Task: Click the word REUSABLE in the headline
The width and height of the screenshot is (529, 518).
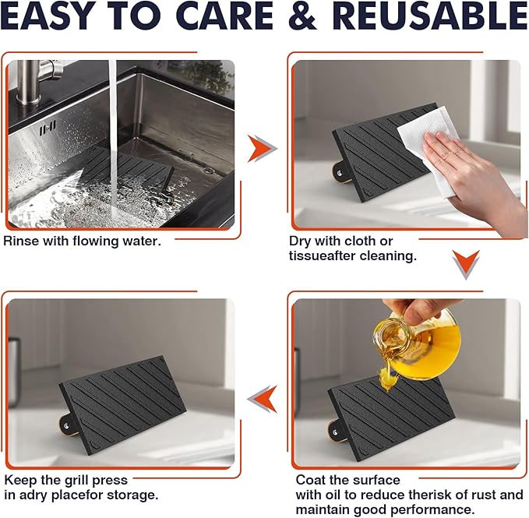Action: tap(432, 15)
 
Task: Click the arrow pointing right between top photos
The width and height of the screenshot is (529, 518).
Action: tap(262, 148)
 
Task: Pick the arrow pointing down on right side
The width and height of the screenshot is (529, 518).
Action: tap(466, 264)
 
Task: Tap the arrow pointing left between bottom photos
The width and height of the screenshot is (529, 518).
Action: tap(263, 399)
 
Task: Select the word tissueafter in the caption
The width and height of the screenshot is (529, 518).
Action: tap(323, 256)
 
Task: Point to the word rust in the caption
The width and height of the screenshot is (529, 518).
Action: tap(483, 495)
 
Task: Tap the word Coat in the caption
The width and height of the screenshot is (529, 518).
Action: tap(310, 481)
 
